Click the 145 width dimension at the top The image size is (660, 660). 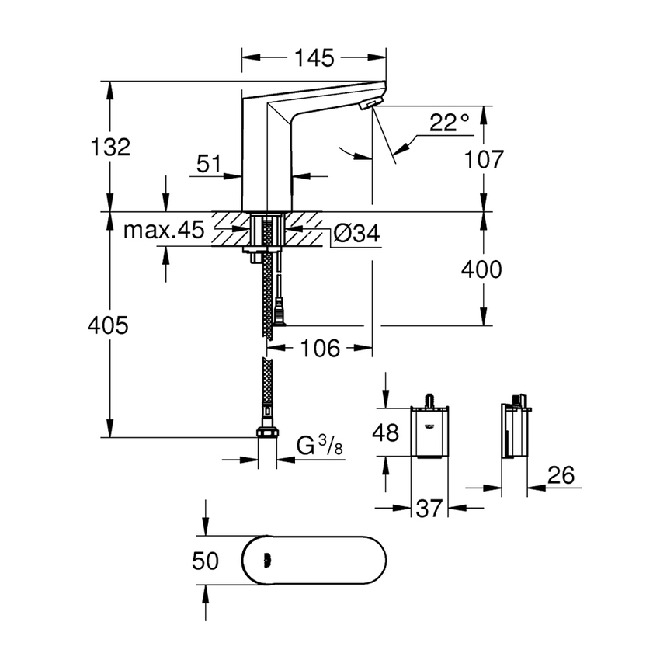coord(314,57)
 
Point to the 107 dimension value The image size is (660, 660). coord(483,159)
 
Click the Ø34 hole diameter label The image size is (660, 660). coord(356,234)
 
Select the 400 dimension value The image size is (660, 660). coord(481,269)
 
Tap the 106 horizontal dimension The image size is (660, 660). coord(321,349)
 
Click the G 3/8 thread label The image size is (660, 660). coord(319,446)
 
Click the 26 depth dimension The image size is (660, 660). coord(560,474)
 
